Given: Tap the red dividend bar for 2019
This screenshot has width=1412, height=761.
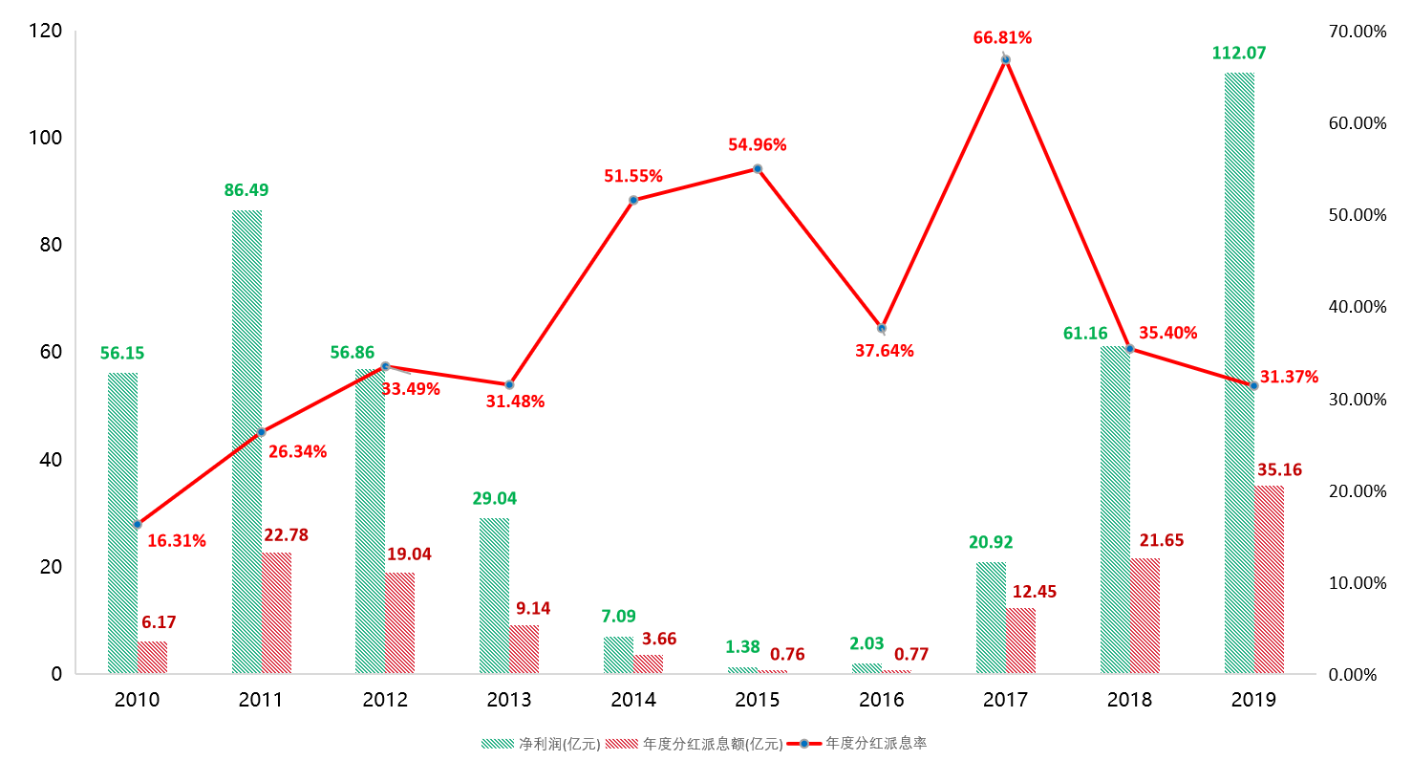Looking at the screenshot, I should point(1269,579).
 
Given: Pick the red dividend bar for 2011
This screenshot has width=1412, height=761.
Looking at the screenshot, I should point(276,613).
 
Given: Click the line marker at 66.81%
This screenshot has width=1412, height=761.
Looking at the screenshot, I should point(1005,59).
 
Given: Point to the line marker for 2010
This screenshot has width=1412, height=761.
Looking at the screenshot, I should point(138,524).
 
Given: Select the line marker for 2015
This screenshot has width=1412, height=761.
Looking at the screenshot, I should point(758,168).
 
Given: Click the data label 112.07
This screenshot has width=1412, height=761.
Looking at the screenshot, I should point(1239,54).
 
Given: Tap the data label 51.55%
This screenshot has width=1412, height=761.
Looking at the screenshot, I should point(632,176).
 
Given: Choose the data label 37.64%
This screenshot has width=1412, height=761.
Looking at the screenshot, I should point(884,351).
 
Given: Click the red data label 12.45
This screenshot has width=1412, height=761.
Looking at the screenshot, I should point(1036,593).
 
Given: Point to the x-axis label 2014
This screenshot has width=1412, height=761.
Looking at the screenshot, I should point(633,700).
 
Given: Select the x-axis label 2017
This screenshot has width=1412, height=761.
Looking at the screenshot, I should point(1005,700).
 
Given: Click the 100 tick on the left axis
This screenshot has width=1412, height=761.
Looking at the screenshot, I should point(44,138).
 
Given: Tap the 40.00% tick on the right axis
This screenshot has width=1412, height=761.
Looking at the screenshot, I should point(1357,307).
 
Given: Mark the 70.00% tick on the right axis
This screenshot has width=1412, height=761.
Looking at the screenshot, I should point(1357,32).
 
